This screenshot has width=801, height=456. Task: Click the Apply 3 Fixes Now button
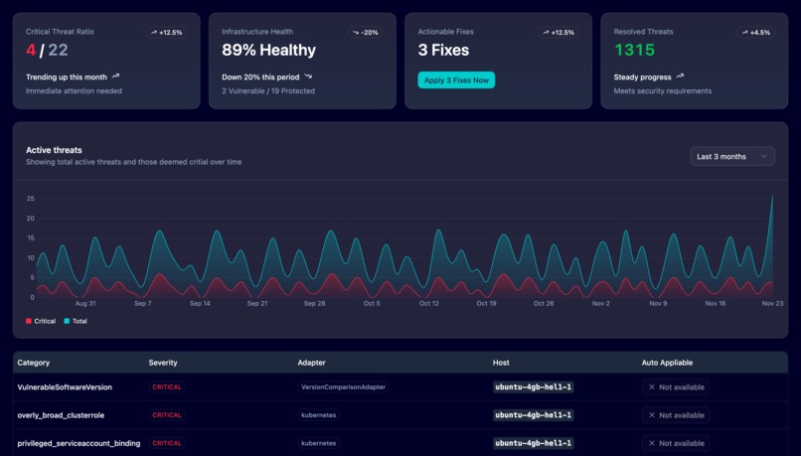tap(456, 80)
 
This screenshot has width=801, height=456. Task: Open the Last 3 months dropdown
tap(731, 156)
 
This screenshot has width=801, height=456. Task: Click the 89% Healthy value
tap(268, 50)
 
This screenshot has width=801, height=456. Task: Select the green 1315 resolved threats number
tap(634, 50)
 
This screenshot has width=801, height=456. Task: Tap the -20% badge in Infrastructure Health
tap(366, 33)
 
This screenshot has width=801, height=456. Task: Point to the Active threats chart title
tap(54, 150)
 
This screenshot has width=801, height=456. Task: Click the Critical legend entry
tap(41, 321)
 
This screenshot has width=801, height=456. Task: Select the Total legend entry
tap(76, 321)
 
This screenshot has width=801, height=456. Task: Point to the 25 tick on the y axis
tap(31, 199)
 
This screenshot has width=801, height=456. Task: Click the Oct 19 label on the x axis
tap(486, 303)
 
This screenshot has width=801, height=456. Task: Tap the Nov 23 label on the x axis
tap(772, 303)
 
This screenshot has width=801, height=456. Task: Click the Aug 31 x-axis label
tap(85, 303)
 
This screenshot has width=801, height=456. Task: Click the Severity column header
tap(163, 363)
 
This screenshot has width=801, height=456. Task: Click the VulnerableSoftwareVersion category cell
tap(65, 386)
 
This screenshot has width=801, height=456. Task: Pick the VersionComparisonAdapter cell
tap(343, 386)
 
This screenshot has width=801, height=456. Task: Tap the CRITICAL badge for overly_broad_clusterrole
tap(167, 415)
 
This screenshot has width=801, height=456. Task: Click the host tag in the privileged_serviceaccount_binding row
tap(534, 443)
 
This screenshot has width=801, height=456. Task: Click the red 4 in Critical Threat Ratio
tap(31, 50)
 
